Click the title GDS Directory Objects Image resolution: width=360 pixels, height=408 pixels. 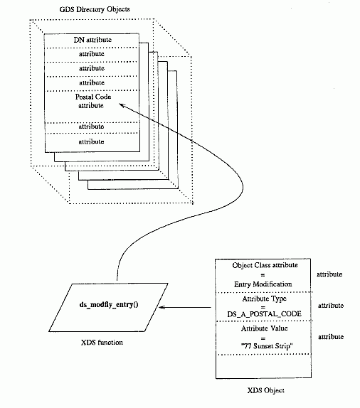click(x=95, y=10)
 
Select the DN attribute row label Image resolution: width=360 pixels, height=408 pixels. click(x=92, y=40)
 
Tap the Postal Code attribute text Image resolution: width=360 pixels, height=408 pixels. click(x=93, y=101)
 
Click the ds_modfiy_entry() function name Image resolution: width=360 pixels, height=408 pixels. click(x=109, y=304)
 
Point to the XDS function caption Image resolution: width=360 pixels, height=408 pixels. click(x=102, y=342)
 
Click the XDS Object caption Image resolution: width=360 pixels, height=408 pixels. click(x=265, y=390)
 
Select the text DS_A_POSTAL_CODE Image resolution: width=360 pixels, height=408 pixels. click(x=264, y=314)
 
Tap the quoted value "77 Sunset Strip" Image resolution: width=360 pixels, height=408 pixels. click(x=267, y=346)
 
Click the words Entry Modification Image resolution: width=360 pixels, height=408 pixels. click(x=263, y=284)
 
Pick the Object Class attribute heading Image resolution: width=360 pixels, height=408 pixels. click(x=265, y=265)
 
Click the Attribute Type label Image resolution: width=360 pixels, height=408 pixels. click(x=264, y=299)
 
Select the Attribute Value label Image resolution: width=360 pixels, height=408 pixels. click(x=264, y=328)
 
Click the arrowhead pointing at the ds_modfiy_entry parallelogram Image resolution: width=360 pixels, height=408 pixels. click(x=162, y=307)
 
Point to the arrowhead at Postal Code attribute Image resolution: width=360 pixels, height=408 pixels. click(x=122, y=105)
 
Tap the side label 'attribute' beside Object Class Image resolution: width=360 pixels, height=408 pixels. click(x=329, y=274)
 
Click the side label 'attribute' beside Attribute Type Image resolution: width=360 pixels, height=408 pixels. click(x=331, y=306)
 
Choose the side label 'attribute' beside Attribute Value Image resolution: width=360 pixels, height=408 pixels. click(x=331, y=337)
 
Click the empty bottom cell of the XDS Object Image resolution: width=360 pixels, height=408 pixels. click(x=263, y=366)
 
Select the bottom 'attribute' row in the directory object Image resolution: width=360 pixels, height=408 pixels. click(x=92, y=142)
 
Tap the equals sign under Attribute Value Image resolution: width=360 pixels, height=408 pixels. click(x=263, y=338)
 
